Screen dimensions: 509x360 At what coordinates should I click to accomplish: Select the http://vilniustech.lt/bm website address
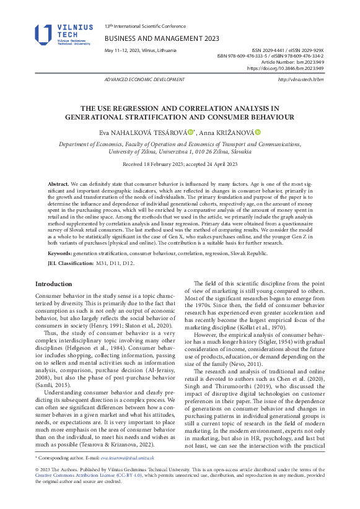[x=301, y=80]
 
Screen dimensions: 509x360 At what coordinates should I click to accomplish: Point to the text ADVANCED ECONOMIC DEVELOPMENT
[x=145, y=80]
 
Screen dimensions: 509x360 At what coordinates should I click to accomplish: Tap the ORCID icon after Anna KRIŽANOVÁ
[x=258, y=132]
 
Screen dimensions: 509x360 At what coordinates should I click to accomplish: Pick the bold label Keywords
[x=59, y=253]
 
